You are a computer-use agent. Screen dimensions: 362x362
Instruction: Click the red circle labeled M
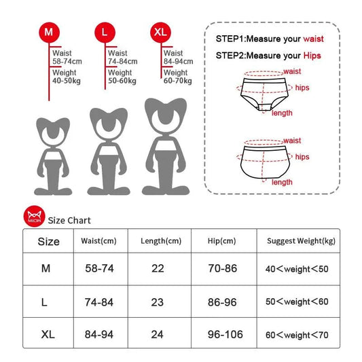pos(49,33)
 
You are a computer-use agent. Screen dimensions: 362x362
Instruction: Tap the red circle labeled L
pos(105,33)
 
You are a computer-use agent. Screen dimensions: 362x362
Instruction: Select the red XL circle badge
pos(160,33)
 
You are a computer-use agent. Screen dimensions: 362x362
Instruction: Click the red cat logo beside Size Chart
pos(34,216)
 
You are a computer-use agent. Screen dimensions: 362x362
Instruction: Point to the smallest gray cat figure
pos(53,156)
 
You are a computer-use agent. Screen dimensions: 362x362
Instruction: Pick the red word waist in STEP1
pos(313,39)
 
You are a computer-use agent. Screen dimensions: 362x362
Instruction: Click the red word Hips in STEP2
pos(312,56)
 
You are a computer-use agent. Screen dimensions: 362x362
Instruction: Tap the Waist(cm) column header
pos(98,241)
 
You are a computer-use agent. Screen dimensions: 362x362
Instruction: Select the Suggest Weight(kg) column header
pos(301,241)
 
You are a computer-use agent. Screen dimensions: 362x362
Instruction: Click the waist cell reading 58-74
pos(100,268)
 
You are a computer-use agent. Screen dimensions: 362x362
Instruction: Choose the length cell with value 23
pos(158,302)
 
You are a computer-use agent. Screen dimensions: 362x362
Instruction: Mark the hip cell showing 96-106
pos(225,334)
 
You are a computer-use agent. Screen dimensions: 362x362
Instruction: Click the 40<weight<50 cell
pos(297,269)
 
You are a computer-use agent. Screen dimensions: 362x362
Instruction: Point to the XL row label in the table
pos(48,334)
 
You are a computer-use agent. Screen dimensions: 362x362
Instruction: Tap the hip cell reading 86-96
pos(222,302)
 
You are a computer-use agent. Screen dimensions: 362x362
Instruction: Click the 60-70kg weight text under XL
pos(177,81)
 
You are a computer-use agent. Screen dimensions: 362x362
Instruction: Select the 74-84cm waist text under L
pos(122,61)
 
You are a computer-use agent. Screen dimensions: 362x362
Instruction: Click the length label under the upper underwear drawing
pos(282,113)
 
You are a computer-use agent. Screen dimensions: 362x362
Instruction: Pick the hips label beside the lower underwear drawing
pos(302,157)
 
